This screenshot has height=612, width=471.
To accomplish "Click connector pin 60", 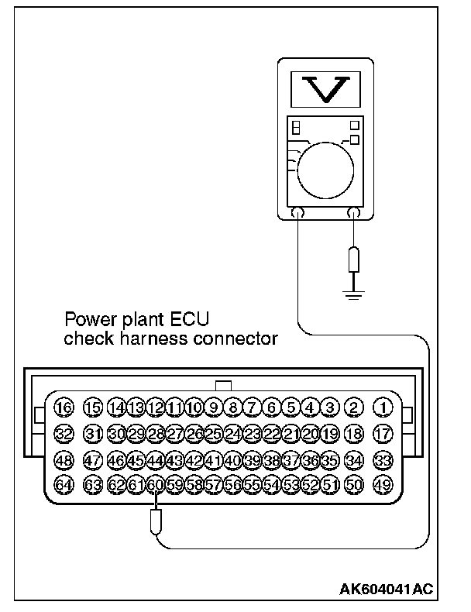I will pyautogui.click(x=155, y=485).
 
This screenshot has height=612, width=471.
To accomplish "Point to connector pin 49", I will pyautogui.click(x=383, y=485).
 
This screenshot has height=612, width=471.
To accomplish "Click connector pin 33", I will pyautogui.click(x=383, y=460).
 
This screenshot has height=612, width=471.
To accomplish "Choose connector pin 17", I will pyautogui.click(x=383, y=433).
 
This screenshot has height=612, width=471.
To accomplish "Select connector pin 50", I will pyautogui.click(x=354, y=485).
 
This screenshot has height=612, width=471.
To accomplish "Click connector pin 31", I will pyautogui.click(x=93, y=433).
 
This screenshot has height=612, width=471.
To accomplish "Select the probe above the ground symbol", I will pyautogui.click(x=354, y=260).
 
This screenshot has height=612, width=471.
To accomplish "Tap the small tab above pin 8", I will pyautogui.click(x=224, y=384).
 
